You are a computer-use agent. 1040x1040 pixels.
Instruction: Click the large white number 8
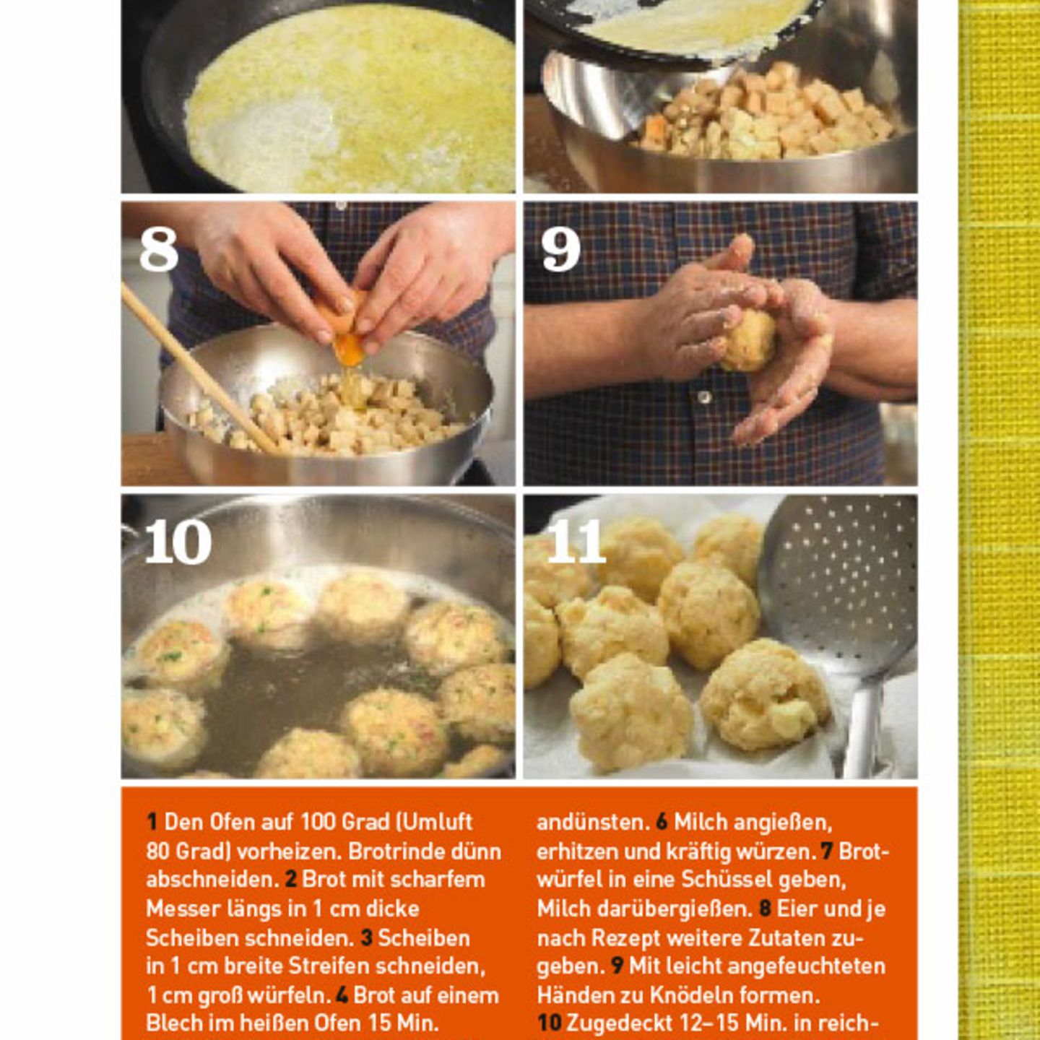(x=159, y=250)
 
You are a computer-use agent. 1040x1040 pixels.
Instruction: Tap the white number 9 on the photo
(x=560, y=250)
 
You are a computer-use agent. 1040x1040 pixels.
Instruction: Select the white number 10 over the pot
(x=178, y=542)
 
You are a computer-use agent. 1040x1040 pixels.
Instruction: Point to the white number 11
(x=576, y=542)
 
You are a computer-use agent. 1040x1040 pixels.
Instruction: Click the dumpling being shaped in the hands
(x=748, y=340)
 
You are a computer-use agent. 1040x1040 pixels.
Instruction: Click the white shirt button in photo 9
(x=703, y=397)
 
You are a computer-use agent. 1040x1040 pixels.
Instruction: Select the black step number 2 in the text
(x=291, y=880)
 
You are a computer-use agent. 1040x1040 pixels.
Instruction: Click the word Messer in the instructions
(x=181, y=909)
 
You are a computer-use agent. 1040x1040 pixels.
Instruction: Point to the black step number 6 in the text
(x=662, y=822)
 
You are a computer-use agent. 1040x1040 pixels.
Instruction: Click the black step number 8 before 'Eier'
(x=765, y=909)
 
